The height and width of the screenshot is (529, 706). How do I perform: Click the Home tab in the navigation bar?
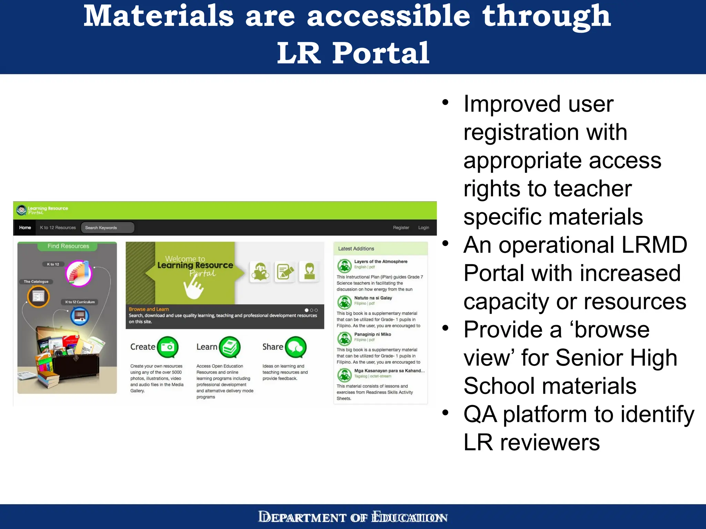(x=25, y=228)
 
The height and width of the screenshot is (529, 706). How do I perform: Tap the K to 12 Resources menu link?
(x=58, y=228)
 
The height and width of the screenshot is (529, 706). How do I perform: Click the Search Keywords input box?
(x=107, y=228)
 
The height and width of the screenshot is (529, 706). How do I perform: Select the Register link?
(x=401, y=228)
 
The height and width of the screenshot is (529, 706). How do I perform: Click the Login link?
(x=423, y=228)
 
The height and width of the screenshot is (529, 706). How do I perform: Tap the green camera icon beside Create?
(x=168, y=347)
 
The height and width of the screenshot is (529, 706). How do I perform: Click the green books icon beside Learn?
(x=230, y=347)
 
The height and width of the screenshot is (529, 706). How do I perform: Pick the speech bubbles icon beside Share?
(x=295, y=347)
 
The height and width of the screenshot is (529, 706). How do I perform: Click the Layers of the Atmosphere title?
(x=381, y=262)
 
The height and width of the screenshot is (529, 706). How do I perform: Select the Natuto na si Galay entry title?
(x=373, y=298)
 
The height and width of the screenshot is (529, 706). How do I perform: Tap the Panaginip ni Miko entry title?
(x=372, y=334)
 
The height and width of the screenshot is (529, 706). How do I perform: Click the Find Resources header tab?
(x=68, y=246)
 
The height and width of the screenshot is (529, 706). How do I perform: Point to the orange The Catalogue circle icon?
(x=38, y=296)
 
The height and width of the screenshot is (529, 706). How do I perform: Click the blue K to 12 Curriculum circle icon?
(x=80, y=316)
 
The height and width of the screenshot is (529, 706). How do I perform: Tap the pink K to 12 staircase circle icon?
(x=79, y=273)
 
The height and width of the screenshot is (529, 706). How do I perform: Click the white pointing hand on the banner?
(x=193, y=288)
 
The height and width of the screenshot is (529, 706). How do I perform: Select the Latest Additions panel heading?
(x=356, y=249)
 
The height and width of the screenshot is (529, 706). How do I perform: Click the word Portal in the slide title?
(x=381, y=53)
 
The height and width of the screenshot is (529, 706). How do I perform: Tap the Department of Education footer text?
(x=353, y=517)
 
